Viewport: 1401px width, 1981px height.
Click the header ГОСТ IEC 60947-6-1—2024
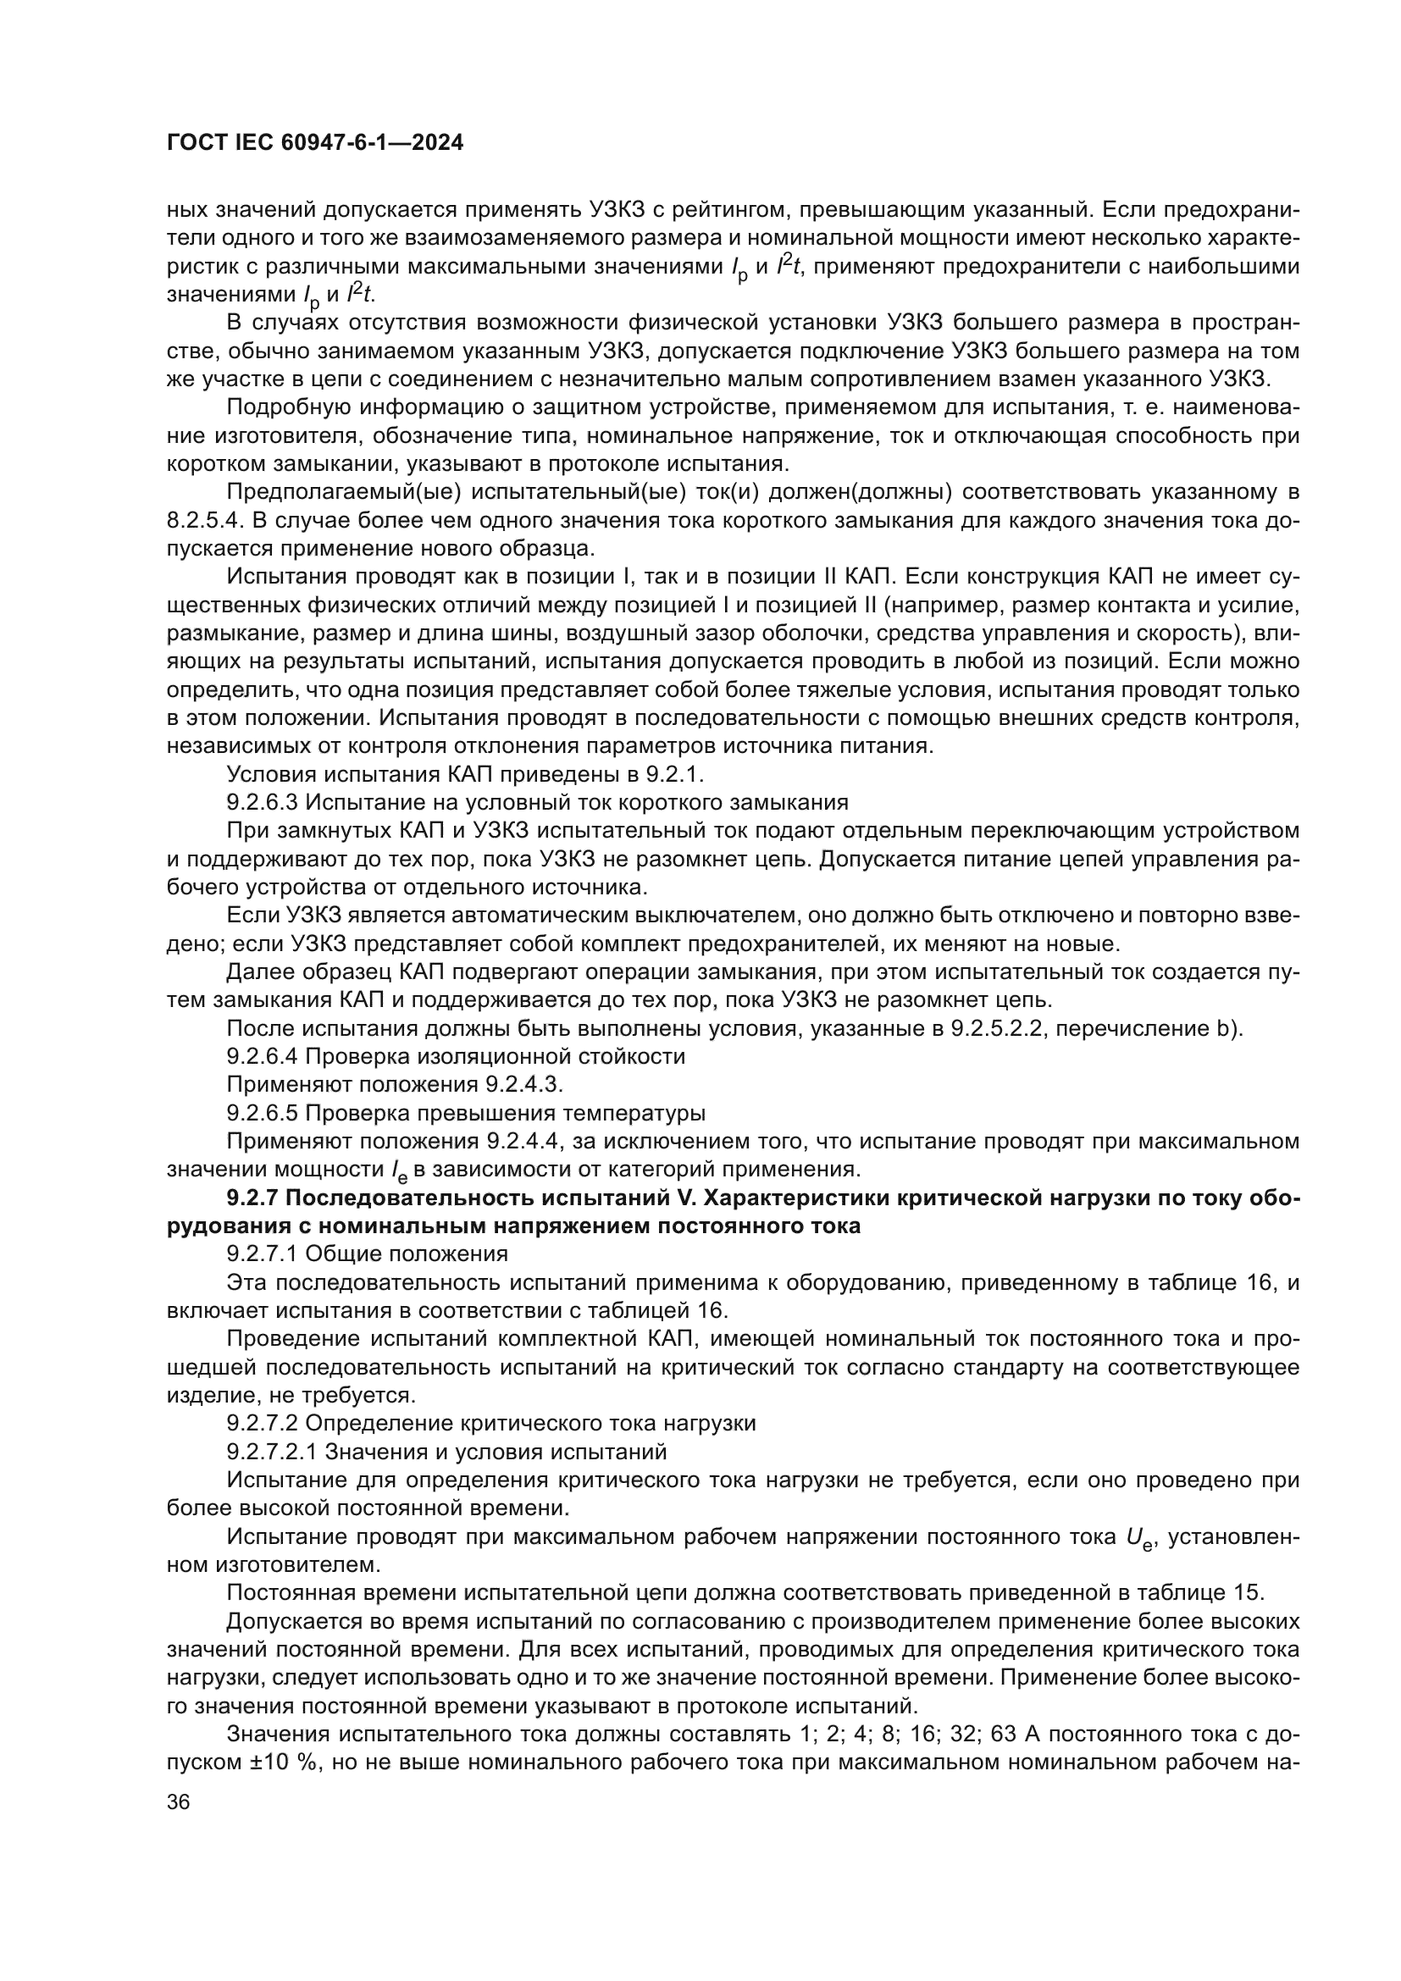pos(315,143)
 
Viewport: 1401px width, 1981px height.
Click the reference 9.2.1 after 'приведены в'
pos(681,774)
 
